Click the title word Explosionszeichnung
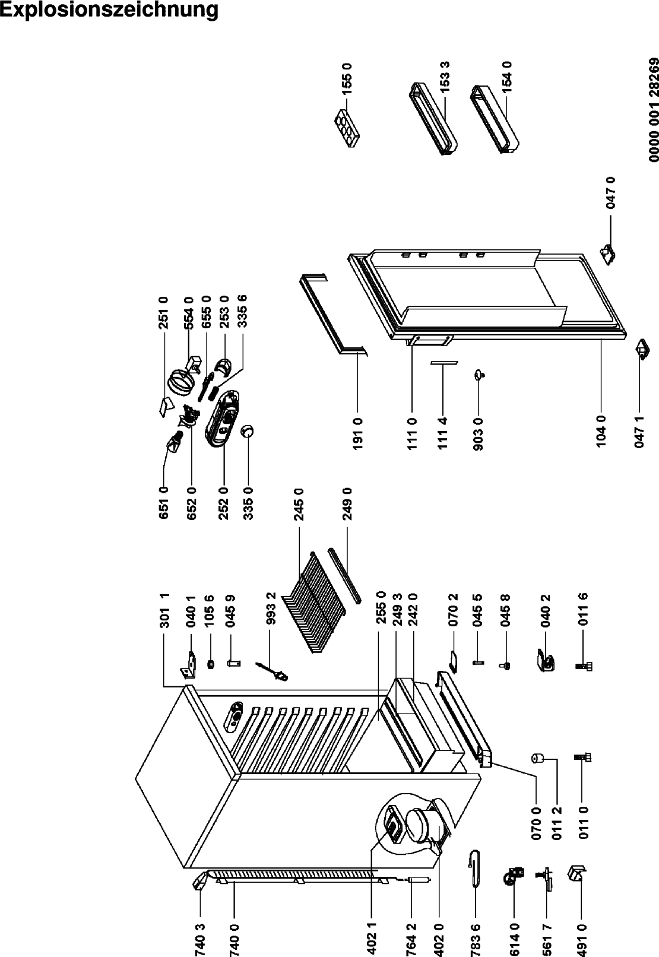(x=109, y=10)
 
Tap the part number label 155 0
(x=347, y=78)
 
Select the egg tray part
(x=347, y=128)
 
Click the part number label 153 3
(x=445, y=77)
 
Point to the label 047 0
(x=611, y=193)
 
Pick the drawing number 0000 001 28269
(x=654, y=110)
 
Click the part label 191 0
(x=357, y=433)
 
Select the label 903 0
(x=479, y=433)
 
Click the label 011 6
(x=583, y=609)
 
